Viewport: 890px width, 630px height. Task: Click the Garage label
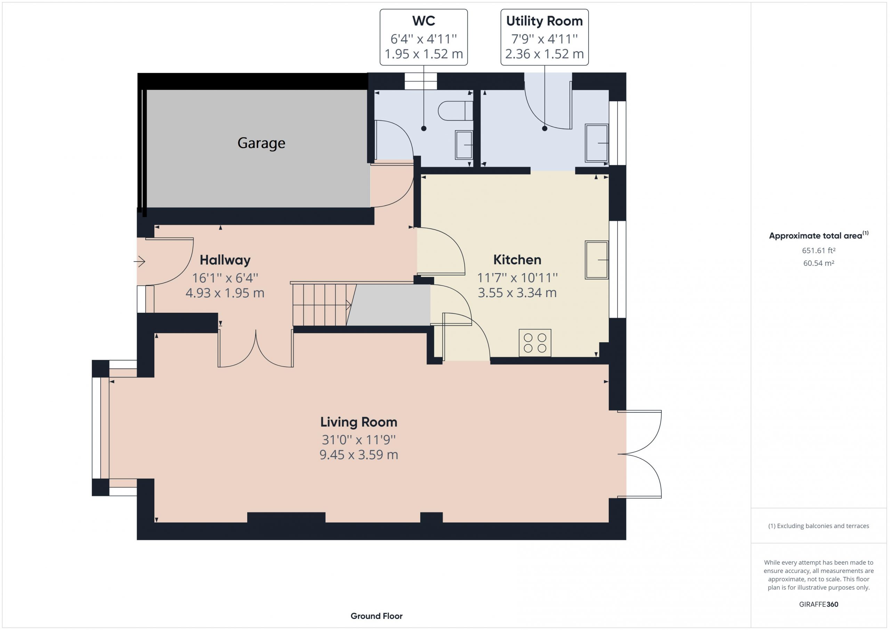(x=261, y=143)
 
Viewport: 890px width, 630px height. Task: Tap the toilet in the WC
(x=455, y=111)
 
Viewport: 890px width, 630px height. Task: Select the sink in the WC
(x=464, y=145)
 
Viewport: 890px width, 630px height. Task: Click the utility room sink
(x=597, y=143)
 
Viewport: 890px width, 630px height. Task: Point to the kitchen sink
(x=597, y=260)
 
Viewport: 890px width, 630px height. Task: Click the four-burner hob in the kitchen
(x=535, y=343)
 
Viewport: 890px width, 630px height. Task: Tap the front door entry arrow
(x=139, y=262)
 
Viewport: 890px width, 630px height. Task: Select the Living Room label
(x=358, y=422)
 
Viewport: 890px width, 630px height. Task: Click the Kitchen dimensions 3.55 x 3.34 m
(x=517, y=293)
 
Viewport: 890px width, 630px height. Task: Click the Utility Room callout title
(x=544, y=21)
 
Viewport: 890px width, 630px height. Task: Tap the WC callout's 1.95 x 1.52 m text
(x=424, y=54)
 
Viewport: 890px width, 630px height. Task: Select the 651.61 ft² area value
(x=819, y=250)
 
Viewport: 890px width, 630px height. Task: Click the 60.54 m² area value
(x=819, y=263)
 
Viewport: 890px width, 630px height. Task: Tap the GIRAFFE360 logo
(x=819, y=604)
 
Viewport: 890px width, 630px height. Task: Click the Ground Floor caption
(x=377, y=616)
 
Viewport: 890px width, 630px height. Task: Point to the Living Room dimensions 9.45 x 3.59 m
(x=358, y=455)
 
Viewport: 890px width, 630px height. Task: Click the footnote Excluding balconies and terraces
(x=819, y=526)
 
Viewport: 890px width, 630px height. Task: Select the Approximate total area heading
(x=819, y=235)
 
